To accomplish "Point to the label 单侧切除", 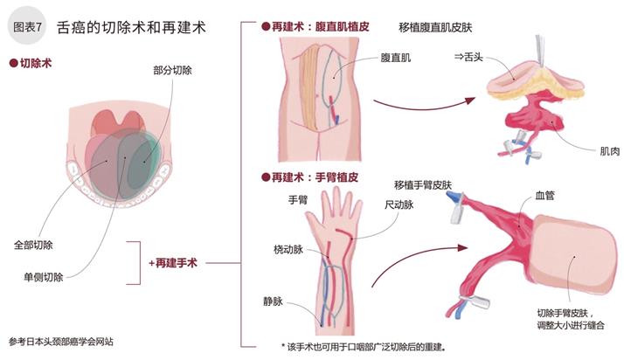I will tap(43, 278).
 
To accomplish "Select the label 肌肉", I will tap(587, 150).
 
